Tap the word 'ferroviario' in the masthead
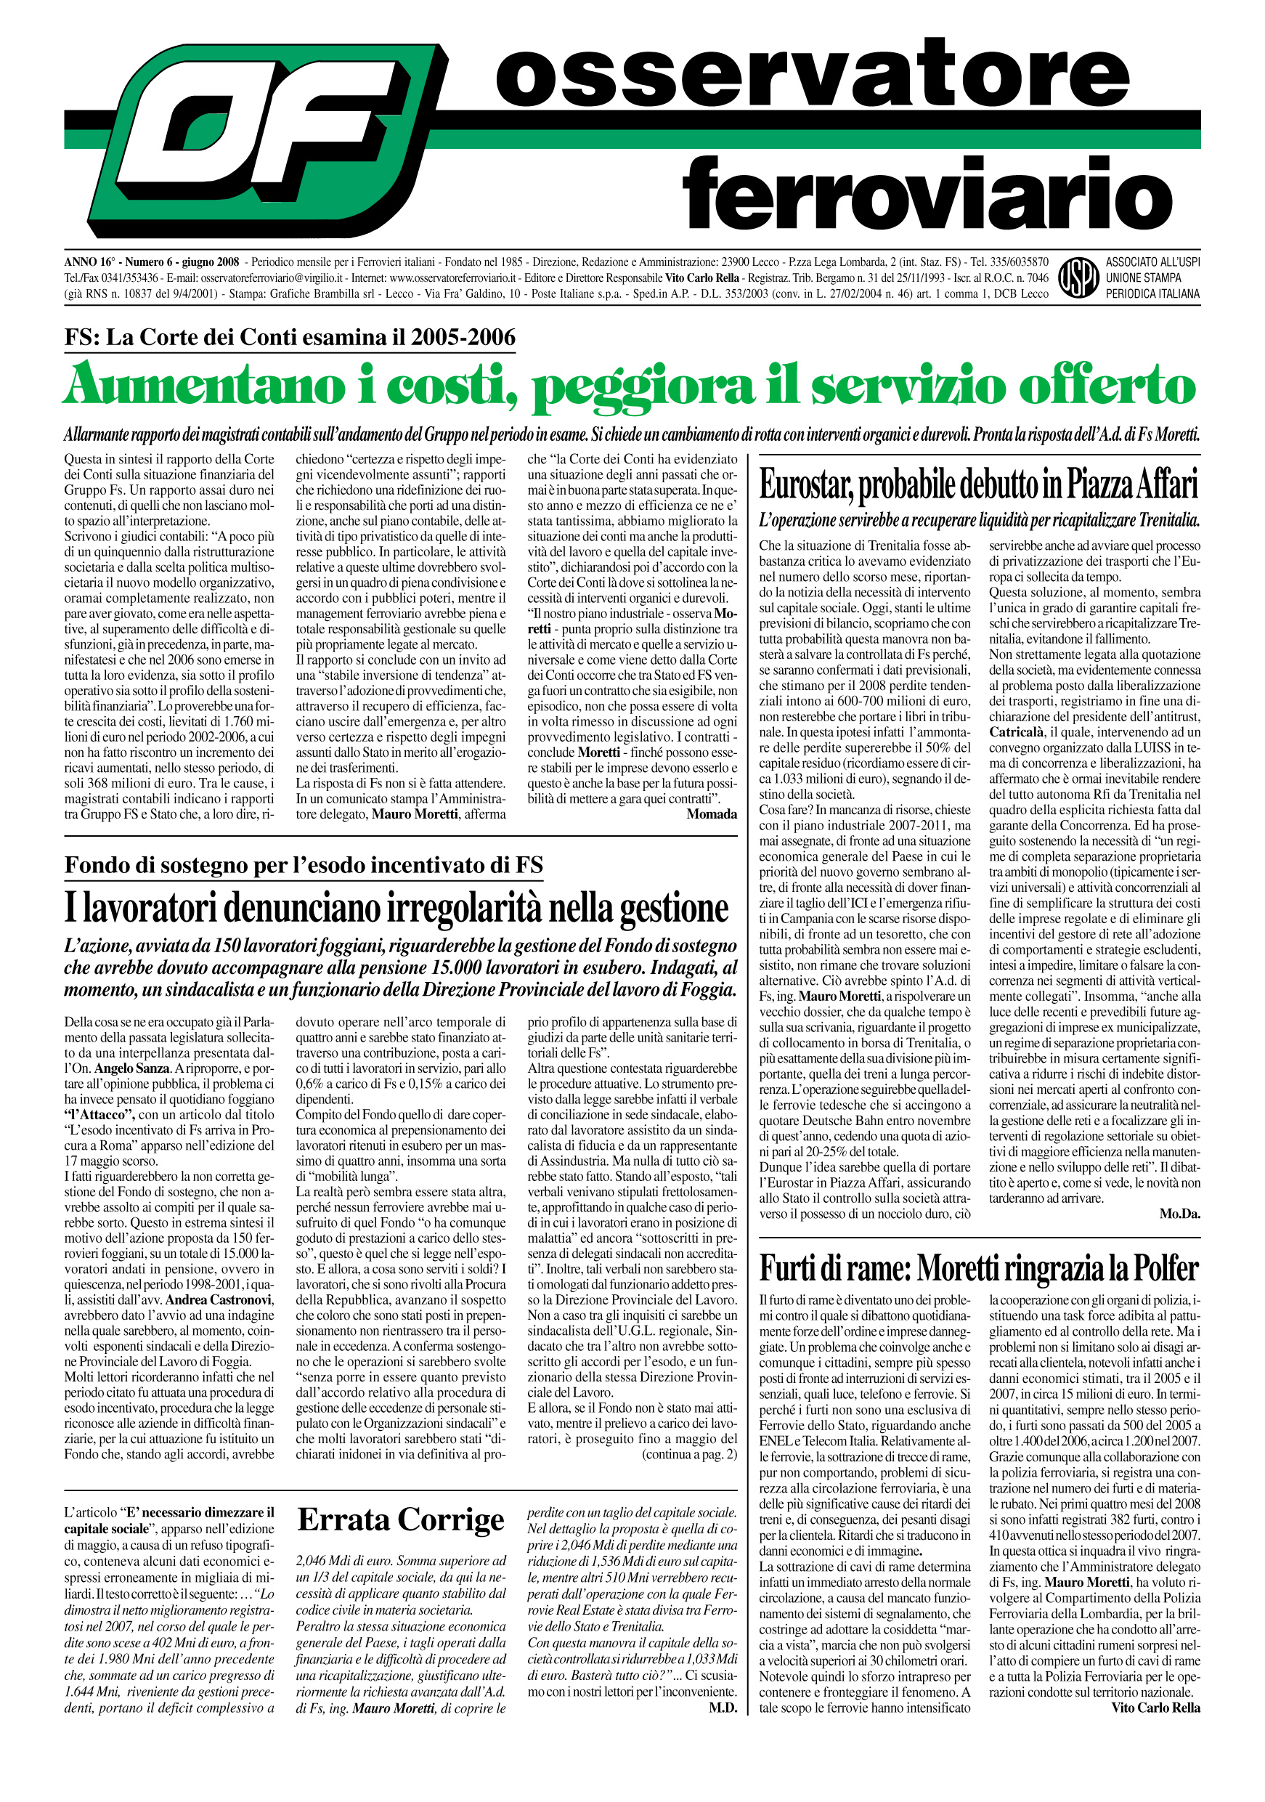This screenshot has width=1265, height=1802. click(926, 193)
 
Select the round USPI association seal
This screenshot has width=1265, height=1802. click(1078, 278)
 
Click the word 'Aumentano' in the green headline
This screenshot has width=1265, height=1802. click(205, 387)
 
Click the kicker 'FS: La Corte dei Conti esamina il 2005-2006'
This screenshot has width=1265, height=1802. click(290, 338)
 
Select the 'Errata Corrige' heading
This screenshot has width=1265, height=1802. click(400, 1520)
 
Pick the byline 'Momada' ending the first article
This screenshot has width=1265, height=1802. click(711, 814)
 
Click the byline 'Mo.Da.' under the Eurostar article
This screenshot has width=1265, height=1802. click(1179, 1214)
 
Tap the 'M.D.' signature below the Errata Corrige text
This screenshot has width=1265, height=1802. click(723, 1707)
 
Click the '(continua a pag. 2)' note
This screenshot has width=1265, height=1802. click(689, 1454)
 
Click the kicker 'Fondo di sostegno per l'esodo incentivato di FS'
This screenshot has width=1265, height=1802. click(303, 865)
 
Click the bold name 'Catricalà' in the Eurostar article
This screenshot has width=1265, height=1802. click(1015, 732)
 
